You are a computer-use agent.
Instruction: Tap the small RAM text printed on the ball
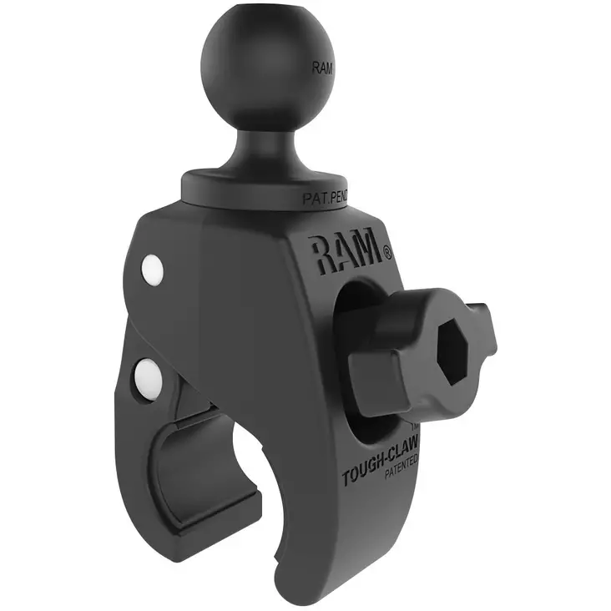tap(321, 68)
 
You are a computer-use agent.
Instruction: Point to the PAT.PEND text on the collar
tap(323, 199)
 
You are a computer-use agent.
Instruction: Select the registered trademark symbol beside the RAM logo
tap(386, 250)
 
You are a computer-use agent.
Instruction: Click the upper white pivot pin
tap(152, 269)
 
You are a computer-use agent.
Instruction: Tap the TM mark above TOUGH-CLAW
tap(414, 449)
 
